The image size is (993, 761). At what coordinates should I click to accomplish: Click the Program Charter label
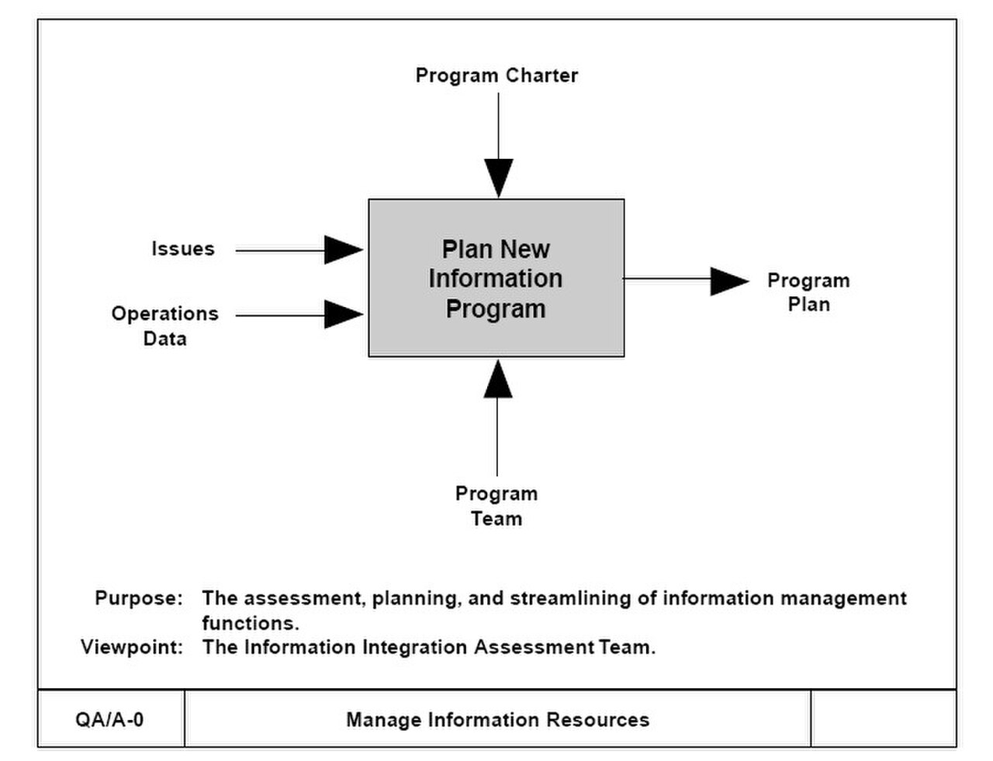point(496,75)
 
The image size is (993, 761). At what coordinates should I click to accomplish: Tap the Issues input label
point(183,249)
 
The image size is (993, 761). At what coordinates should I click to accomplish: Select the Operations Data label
point(165,326)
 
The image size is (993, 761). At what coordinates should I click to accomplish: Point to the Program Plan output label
point(808,292)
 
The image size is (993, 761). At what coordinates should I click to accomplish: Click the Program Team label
point(496,506)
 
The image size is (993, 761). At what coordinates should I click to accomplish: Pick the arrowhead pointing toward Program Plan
point(730,281)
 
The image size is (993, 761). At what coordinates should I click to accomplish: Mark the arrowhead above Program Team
point(497,379)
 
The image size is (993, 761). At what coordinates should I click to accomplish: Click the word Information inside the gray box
point(496,278)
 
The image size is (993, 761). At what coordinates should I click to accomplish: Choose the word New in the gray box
point(524,250)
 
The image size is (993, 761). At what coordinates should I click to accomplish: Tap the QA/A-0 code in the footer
point(109,720)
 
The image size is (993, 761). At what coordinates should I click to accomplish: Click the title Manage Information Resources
point(497,720)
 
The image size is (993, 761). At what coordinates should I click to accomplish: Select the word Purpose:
point(139,598)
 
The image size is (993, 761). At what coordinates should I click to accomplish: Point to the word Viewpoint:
point(132,647)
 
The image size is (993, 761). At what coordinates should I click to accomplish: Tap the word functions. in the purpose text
point(251,623)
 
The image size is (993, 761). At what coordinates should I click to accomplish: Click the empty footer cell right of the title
point(884,718)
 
